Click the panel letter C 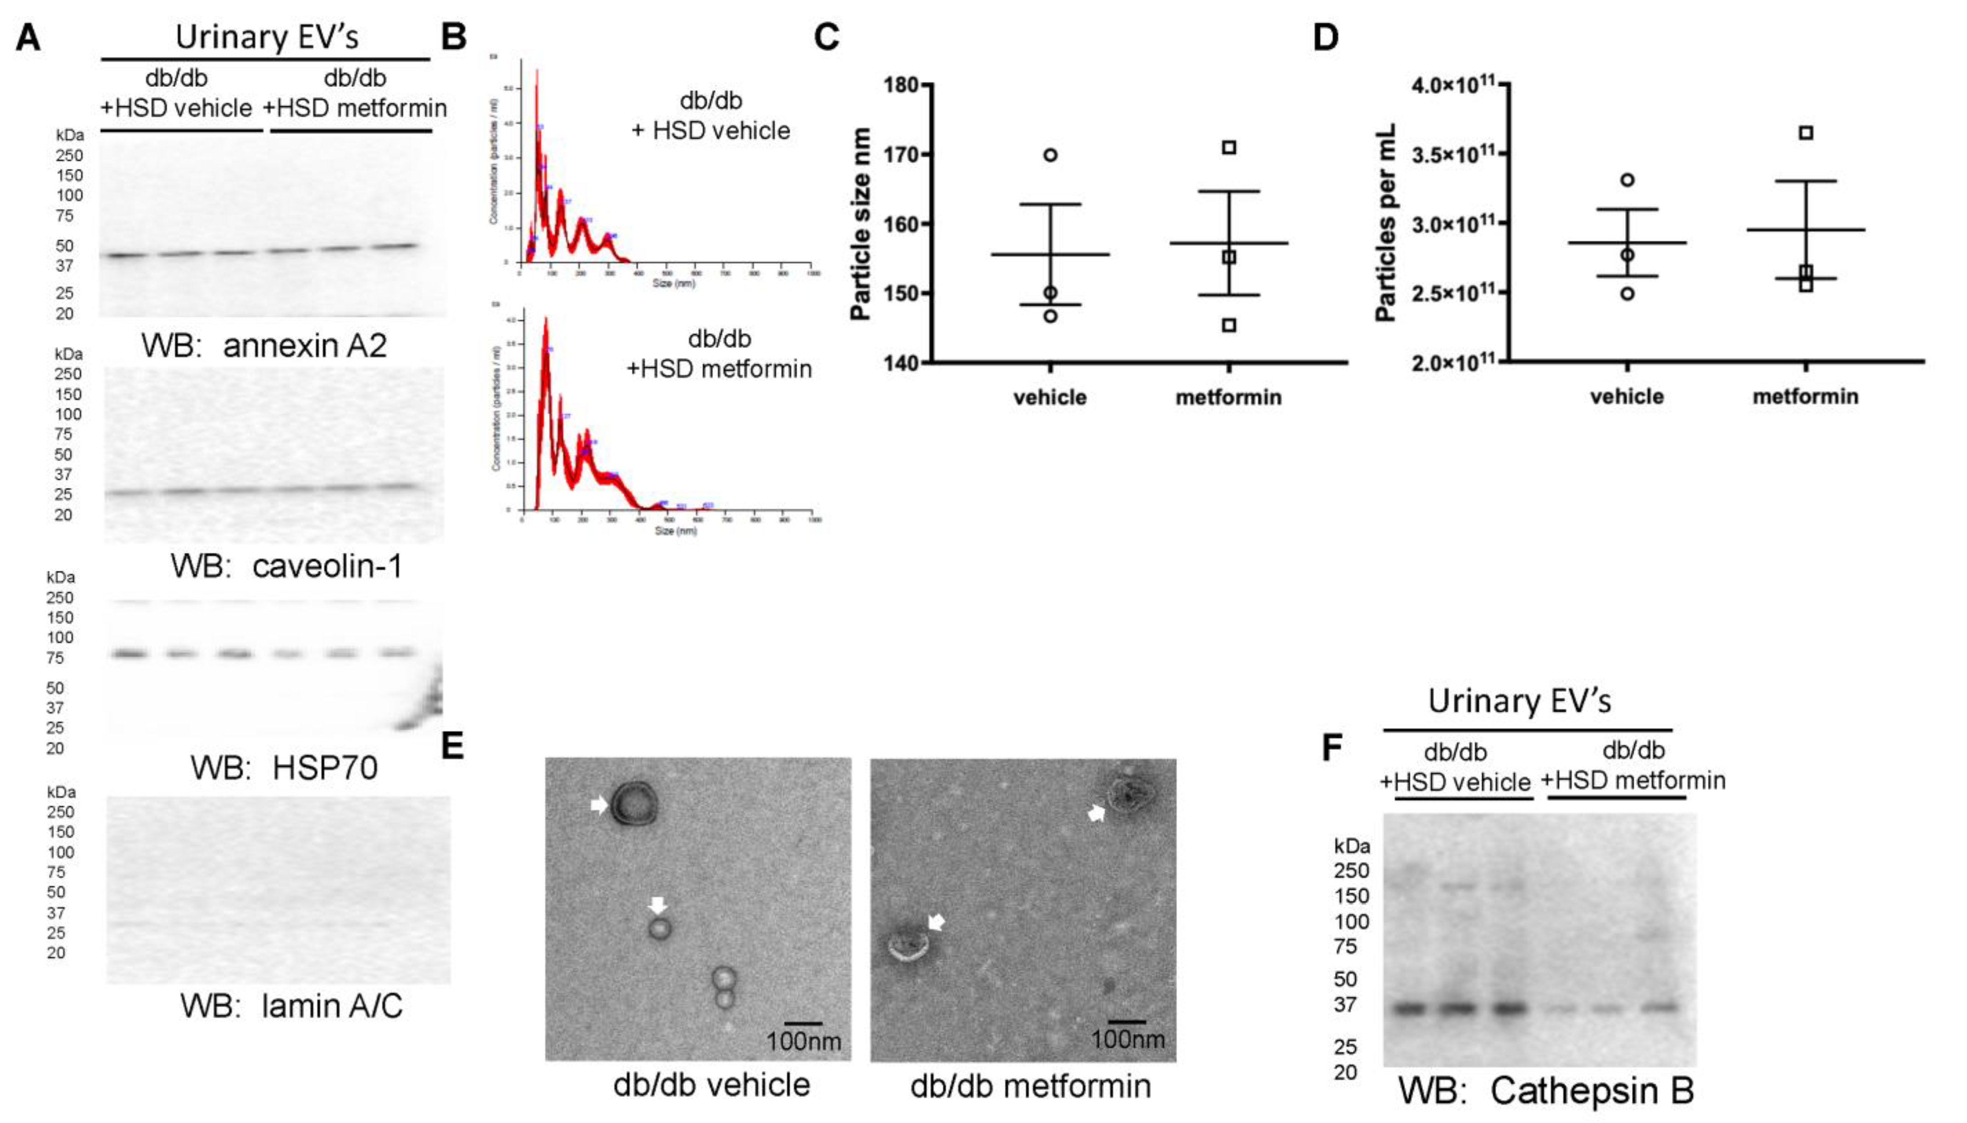826,36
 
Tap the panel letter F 1332,747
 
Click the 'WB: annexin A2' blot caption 264,346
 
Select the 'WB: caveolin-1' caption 286,567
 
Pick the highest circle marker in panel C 1050,155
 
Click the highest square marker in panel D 1806,133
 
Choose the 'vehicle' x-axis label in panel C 1050,398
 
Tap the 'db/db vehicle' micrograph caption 711,1085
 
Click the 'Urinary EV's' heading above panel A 266,37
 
